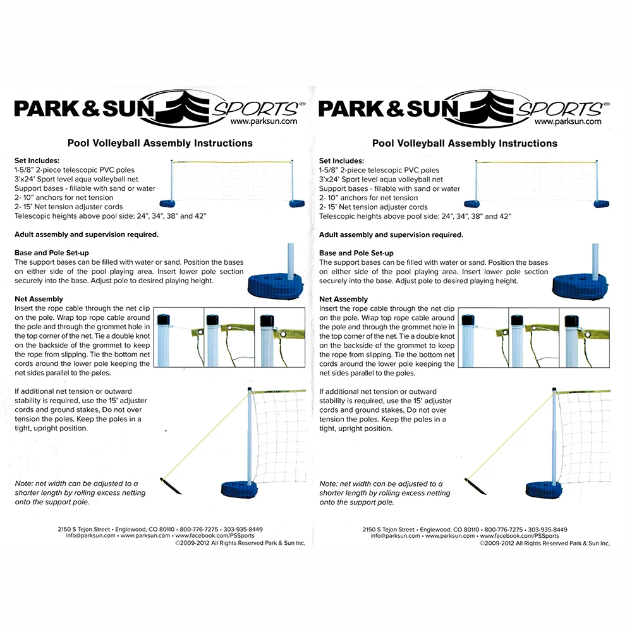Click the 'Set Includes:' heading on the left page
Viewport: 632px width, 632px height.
coord(37,161)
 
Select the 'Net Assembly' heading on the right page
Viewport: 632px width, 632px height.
coord(343,299)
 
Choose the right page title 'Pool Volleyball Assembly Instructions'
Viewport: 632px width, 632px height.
coord(465,143)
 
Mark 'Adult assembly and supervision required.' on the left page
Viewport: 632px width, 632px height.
coord(86,234)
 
